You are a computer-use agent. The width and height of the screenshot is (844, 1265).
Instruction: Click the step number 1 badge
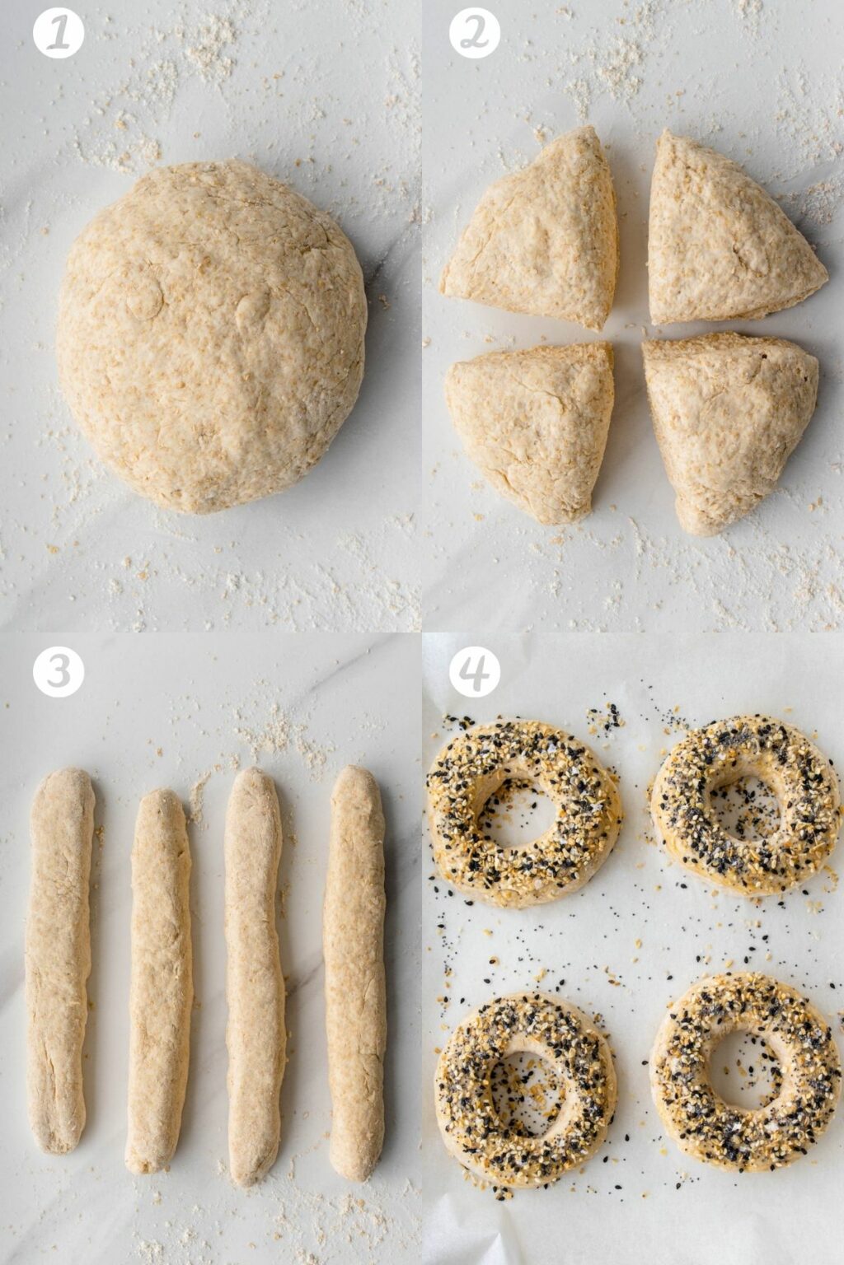(59, 33)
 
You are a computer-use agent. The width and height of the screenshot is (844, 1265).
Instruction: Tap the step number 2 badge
(475, 33)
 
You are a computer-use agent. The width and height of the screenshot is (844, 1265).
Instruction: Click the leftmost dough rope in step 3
(59, 959)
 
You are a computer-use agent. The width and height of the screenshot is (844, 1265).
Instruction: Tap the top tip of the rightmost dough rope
(355, 774)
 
